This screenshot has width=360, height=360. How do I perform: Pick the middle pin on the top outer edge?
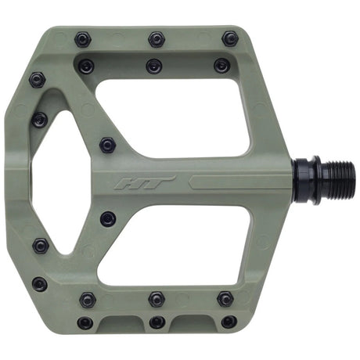click(x=157, y=38)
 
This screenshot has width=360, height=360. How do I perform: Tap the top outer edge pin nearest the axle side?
click(x=229, y=38)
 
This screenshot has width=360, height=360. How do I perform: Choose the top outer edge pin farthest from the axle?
click(x=83, y=38)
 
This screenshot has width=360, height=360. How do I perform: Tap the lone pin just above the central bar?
click(x=108, y=146)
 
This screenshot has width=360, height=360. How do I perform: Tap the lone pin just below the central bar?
click(x=107, y=218)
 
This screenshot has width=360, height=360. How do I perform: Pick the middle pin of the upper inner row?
click(x=153, y=66)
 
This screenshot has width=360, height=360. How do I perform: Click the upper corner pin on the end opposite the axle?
click(x=37, y=79)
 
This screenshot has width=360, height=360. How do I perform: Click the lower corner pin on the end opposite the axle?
click(x=38, y=284)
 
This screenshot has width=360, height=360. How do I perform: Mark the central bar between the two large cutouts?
click(x=203, y=182)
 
